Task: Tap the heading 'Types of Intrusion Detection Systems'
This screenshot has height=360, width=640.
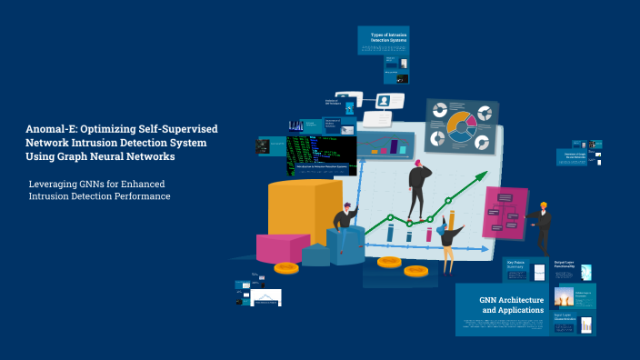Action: (389, 37)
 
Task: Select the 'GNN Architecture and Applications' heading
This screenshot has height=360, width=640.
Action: (512, 305)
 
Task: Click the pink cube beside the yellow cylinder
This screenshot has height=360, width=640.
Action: (282, 248)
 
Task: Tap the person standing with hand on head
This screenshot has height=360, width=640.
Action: (418, 189)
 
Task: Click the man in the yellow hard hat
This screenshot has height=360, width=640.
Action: (543, 227)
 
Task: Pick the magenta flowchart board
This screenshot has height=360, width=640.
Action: (505, 212)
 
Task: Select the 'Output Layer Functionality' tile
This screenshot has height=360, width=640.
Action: (565, 265)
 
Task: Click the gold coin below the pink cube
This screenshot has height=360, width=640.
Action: (285, 267)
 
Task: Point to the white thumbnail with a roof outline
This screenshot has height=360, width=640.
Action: (266, 298)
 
